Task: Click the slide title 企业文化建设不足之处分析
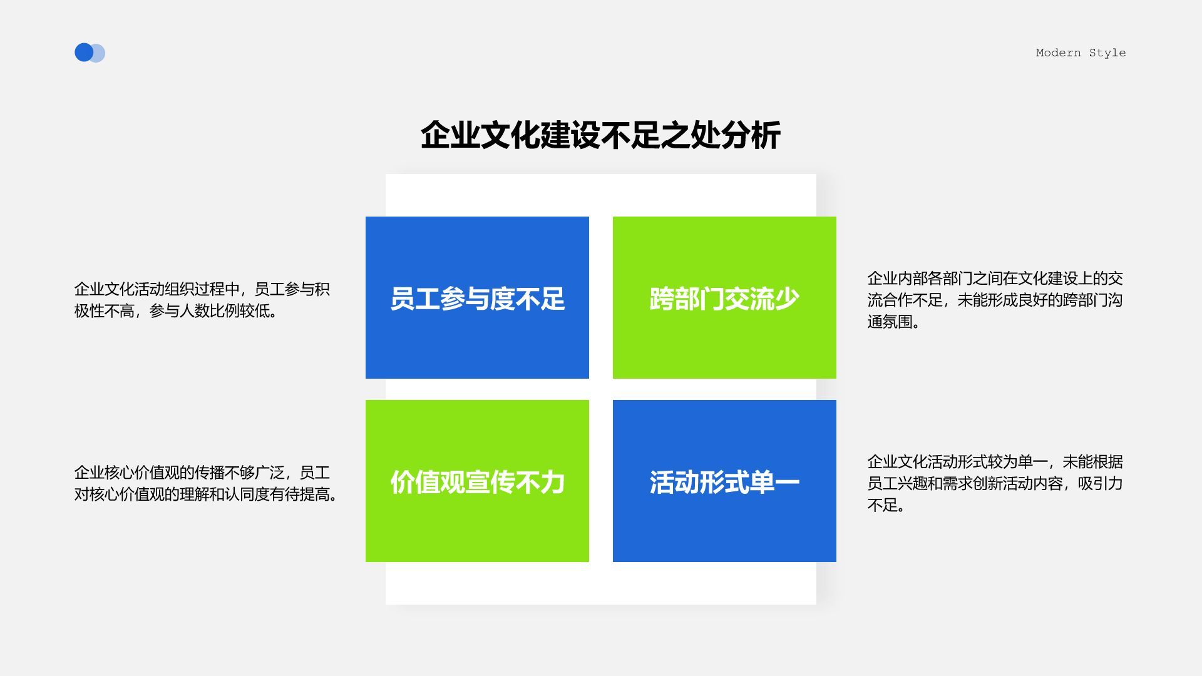[600, 135]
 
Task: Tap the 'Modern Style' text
[1081, 53]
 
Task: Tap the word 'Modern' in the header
[1058, 53]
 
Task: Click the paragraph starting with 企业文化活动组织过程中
[202, 300]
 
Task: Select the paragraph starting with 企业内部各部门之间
[995, 300]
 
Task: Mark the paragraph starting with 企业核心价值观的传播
[205, 483]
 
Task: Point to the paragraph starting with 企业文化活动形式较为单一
[995, 483]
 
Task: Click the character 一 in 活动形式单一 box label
[787, 483]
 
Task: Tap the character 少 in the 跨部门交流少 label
[787, 299]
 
